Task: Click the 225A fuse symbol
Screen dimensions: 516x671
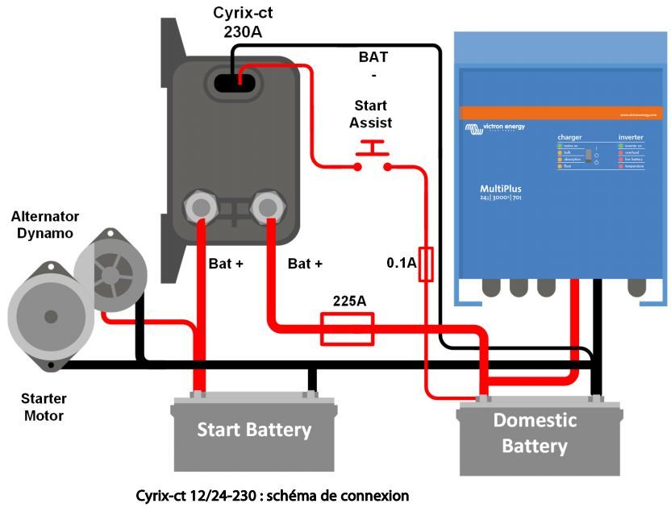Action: click(x=347, y=330)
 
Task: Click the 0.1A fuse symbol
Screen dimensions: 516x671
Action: click(x=427, y=264)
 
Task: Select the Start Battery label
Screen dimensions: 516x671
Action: click(x=254, y=430)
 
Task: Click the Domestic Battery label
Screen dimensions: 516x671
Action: click(x=535, y=433)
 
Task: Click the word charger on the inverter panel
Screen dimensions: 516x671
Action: click(x=569, y=137)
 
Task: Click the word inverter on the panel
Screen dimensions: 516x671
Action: click(x=631, y=137)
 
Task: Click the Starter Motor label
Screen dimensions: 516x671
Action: click(x=44, y=407)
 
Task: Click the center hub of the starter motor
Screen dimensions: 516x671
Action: click(x=51, y=316)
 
